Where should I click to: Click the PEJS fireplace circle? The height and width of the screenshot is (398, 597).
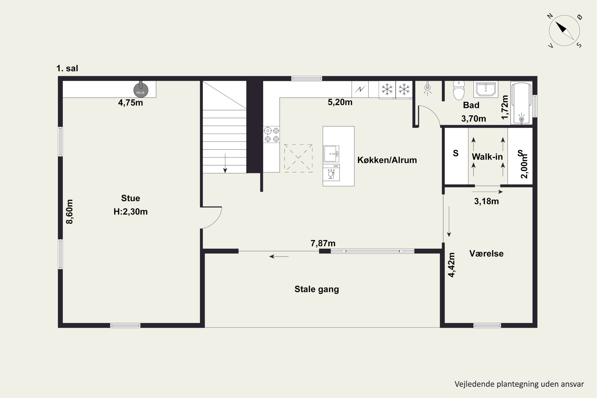point(141,90)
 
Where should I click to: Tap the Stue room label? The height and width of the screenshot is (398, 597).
point(131,198)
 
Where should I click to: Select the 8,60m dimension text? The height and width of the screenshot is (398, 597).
point(69,212)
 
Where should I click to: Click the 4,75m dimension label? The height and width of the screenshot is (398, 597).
point(131,103)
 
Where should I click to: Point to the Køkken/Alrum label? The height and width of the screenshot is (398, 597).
point(387,160)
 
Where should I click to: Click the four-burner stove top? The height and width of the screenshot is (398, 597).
point(271,135)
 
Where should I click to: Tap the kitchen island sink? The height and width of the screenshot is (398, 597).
point(331,154)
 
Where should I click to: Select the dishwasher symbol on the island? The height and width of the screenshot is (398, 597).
point(331,172)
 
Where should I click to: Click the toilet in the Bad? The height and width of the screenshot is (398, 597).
point(459,90)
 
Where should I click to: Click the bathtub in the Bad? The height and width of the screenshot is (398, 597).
point(521,103)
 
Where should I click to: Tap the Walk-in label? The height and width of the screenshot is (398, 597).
point(487,157)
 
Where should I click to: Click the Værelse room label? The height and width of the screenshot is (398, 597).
point(486,254)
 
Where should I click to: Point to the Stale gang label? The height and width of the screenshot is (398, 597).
point(317,289)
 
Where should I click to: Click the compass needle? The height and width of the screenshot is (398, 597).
point(565,31)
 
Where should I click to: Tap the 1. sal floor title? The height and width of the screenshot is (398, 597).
point(67,68)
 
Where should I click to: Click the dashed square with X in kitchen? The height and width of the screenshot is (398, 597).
point(298,158)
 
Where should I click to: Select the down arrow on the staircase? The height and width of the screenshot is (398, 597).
point(225,163)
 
